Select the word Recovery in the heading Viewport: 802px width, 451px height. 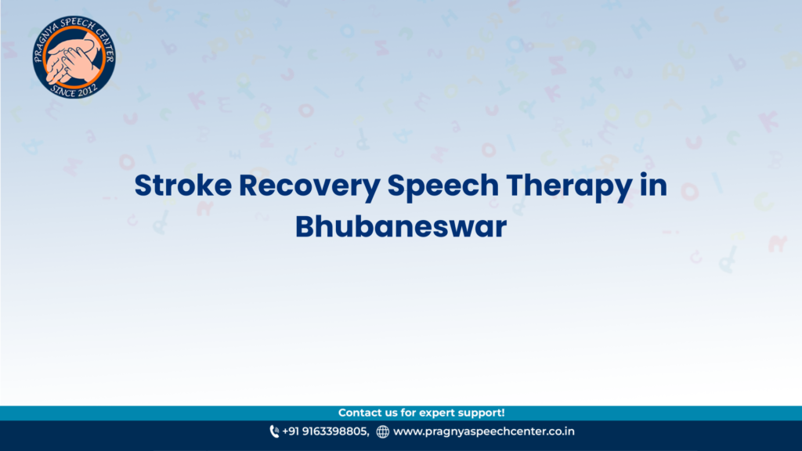[x=309, y=186]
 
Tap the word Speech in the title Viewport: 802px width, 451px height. [x=443, y=186]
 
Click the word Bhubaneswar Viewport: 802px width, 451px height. [x=401, y=226]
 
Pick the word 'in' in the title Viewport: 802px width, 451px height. [x=654, y=185]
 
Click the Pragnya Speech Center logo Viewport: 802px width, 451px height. [x=74, y=56]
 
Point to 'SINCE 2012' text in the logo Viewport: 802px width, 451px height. [x=74, y=90]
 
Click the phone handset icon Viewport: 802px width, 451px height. [x=274, y=431]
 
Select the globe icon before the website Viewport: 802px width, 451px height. [x=382, y=432]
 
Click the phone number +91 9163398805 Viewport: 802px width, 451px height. [x=325, y=431]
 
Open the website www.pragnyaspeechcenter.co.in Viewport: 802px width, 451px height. [x=484, y=431]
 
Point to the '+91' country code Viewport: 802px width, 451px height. [x=291, y=431]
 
